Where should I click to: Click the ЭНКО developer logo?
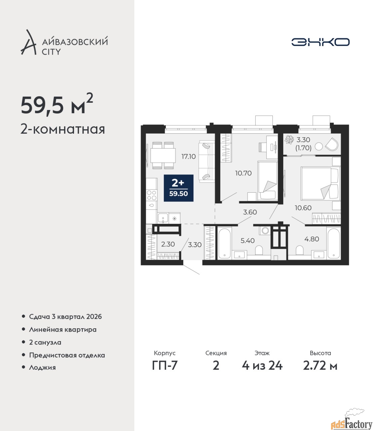pos(320,42)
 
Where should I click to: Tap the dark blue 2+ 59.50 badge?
pos(179,188)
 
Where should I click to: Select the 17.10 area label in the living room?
pos(188,157)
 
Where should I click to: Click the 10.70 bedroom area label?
pos(244,173)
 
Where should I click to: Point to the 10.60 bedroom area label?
pos(303,208)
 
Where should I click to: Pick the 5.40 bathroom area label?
pos(248,241)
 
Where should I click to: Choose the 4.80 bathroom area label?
pos(312,239)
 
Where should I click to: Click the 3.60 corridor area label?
pos(250,212)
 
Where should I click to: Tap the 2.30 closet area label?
pos(168,244)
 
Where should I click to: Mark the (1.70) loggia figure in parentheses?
pos(303,148)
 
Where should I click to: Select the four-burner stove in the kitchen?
pos(152,195)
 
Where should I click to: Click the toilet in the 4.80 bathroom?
pos(299,250)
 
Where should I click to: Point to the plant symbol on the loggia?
pos(289,139)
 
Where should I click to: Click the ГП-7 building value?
pos(165,366)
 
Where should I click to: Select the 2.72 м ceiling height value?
pos(320,366)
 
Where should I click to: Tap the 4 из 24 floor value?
pos(262,366)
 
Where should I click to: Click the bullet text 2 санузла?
pos(45,342)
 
